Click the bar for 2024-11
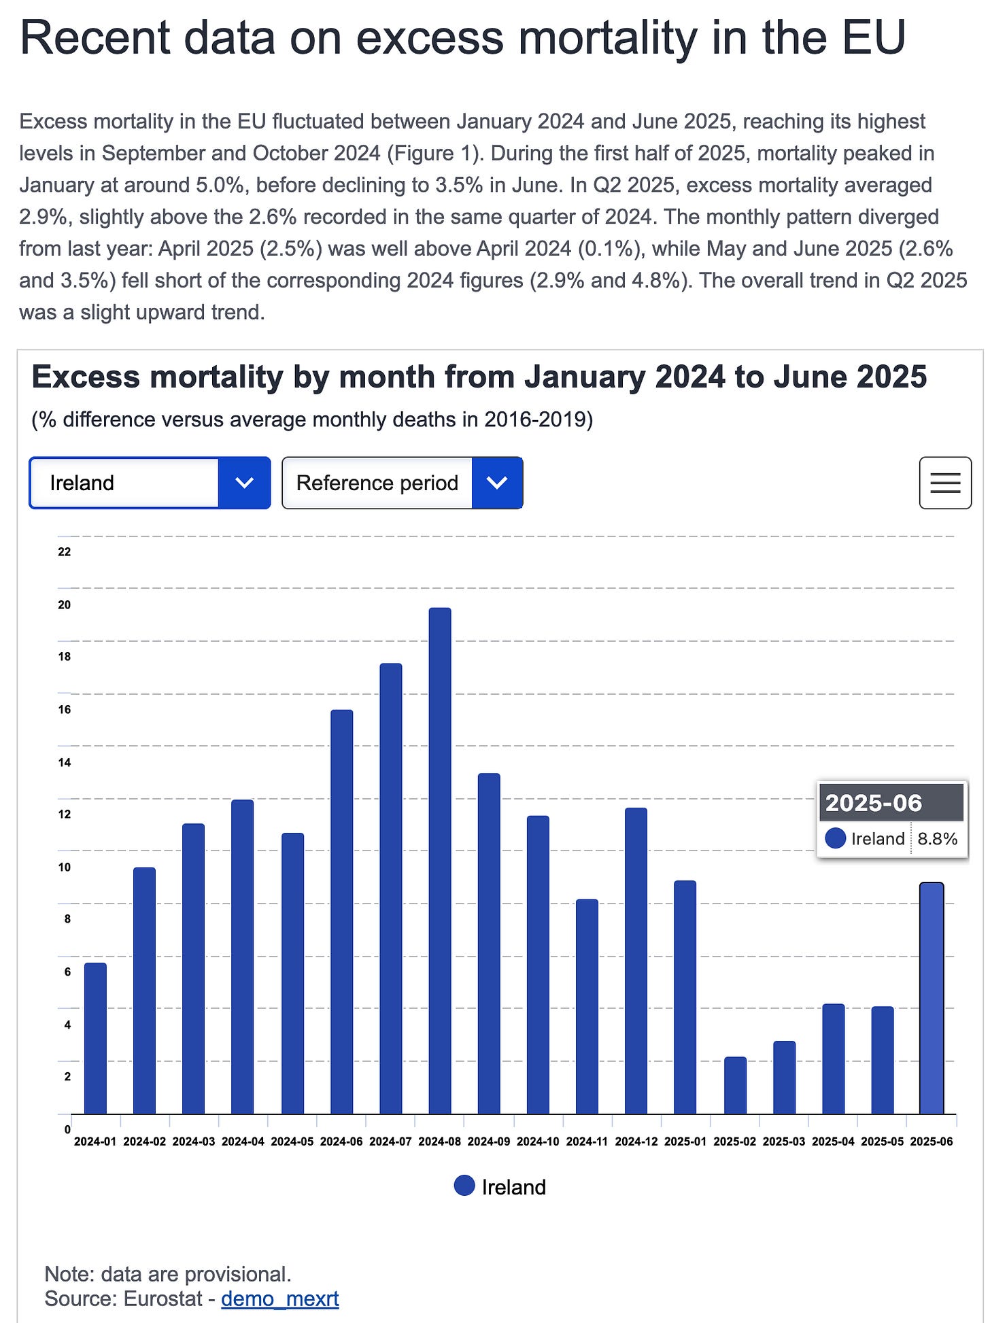(587, 1006)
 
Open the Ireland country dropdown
(150, 483)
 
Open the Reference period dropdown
(402, 483)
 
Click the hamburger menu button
(945, 483)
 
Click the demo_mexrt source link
(280, 1299)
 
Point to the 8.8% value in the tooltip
(937, 839)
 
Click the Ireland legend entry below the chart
(500, 1187)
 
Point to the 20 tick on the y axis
(65, 604)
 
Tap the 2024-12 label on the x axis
(636, 1141)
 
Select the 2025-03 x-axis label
(784, 1141)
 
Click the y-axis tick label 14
(65, 762)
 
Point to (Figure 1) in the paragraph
(432, 153)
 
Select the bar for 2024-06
(341, 911)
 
